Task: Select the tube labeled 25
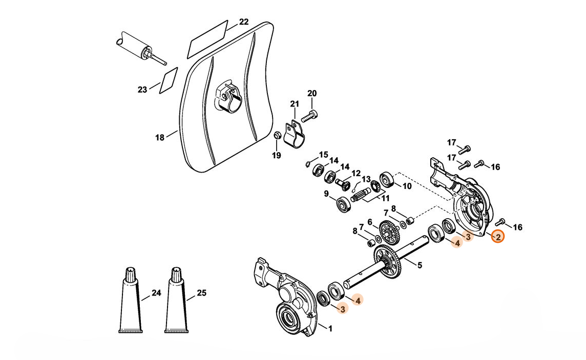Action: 175,302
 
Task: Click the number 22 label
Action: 244,22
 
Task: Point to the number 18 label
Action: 160,137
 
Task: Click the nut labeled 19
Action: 277,136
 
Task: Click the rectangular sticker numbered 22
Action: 207,38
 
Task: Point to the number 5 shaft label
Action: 420,265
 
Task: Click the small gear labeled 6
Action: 389,231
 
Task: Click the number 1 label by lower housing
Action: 330,328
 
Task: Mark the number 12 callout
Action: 355,174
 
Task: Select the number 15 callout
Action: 323,155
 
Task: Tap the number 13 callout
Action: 366,179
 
